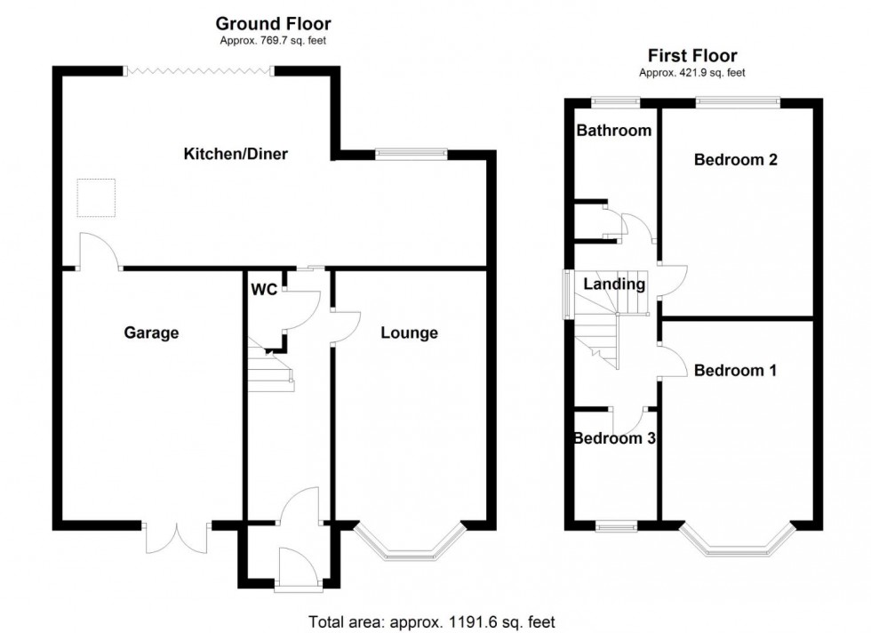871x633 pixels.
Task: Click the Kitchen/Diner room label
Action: click(236, 154)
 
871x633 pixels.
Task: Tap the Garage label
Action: click(151, 333)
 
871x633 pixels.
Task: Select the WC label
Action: click(264, 290)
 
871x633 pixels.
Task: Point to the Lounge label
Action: click(409, 333)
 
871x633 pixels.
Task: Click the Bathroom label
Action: click(614, 131)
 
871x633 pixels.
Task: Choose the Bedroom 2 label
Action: click(736, 160)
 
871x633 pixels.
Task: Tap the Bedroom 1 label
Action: click(736, 370)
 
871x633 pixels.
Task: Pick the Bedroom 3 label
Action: click(614, 438)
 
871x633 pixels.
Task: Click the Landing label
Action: click(614, 284)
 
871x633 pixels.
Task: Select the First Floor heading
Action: click(693, 56)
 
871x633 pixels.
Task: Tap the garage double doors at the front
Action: click(175, 538)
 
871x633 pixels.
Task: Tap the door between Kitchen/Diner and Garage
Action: click(100, 252)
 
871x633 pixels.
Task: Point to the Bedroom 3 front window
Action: click(616, 526)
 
